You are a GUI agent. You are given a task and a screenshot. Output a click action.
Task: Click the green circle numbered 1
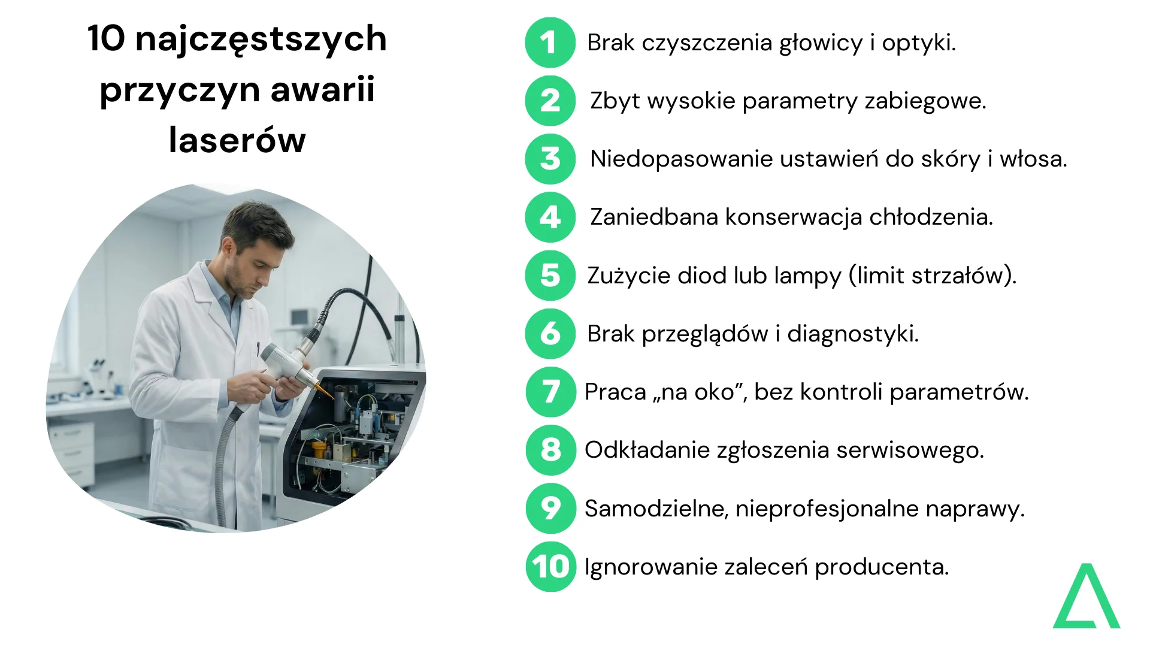(550, 43)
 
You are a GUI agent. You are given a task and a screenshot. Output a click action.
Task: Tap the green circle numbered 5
(550, 276)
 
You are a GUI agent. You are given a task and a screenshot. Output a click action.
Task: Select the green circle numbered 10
(550, 567)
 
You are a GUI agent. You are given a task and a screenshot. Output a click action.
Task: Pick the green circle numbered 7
(550, 392)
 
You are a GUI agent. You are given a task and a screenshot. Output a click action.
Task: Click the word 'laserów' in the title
(237, 140)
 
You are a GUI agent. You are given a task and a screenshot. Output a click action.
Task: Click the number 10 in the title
(106, 38)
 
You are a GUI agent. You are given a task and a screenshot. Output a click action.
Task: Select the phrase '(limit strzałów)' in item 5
(932, 276)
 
